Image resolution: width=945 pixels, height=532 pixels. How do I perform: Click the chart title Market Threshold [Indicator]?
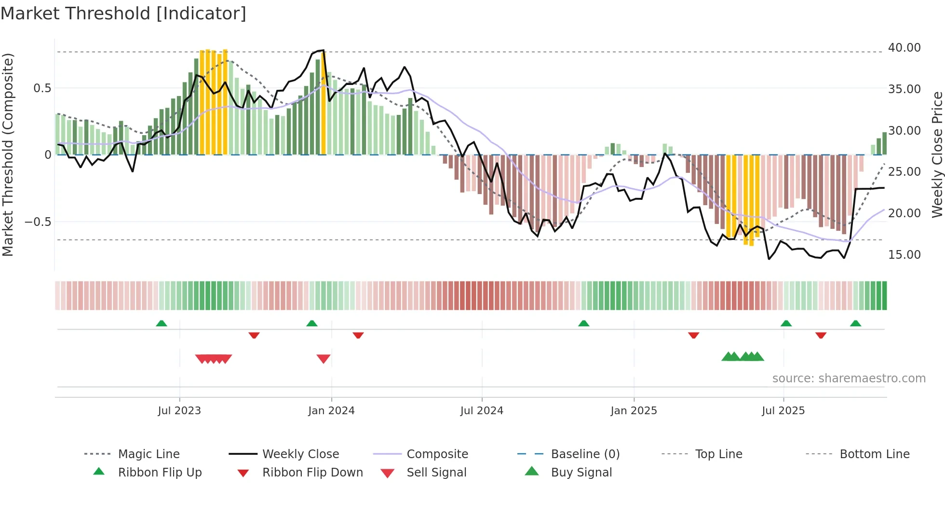pos(123,14)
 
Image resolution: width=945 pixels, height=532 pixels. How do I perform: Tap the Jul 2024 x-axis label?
pos(482,411)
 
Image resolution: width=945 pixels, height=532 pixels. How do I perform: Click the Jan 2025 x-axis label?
pos(634,411)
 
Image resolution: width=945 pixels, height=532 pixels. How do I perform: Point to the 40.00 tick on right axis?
pos(904,48)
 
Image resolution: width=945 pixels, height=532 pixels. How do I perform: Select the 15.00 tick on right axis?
pos(904,255)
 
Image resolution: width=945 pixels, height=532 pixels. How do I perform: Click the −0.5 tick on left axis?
pos(38,222)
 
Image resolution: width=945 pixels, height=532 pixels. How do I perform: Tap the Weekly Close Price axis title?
pos(937,154)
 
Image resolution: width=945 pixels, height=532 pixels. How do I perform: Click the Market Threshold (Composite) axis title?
pos(8,154)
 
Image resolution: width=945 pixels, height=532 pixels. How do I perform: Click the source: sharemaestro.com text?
pos(849,378)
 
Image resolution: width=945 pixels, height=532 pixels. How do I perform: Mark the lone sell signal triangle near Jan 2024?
pos(324,359)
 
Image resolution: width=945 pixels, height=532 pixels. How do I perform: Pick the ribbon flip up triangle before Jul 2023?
pos(162,323)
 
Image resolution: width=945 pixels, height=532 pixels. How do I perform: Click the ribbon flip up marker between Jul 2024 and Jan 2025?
pos(584,323)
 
